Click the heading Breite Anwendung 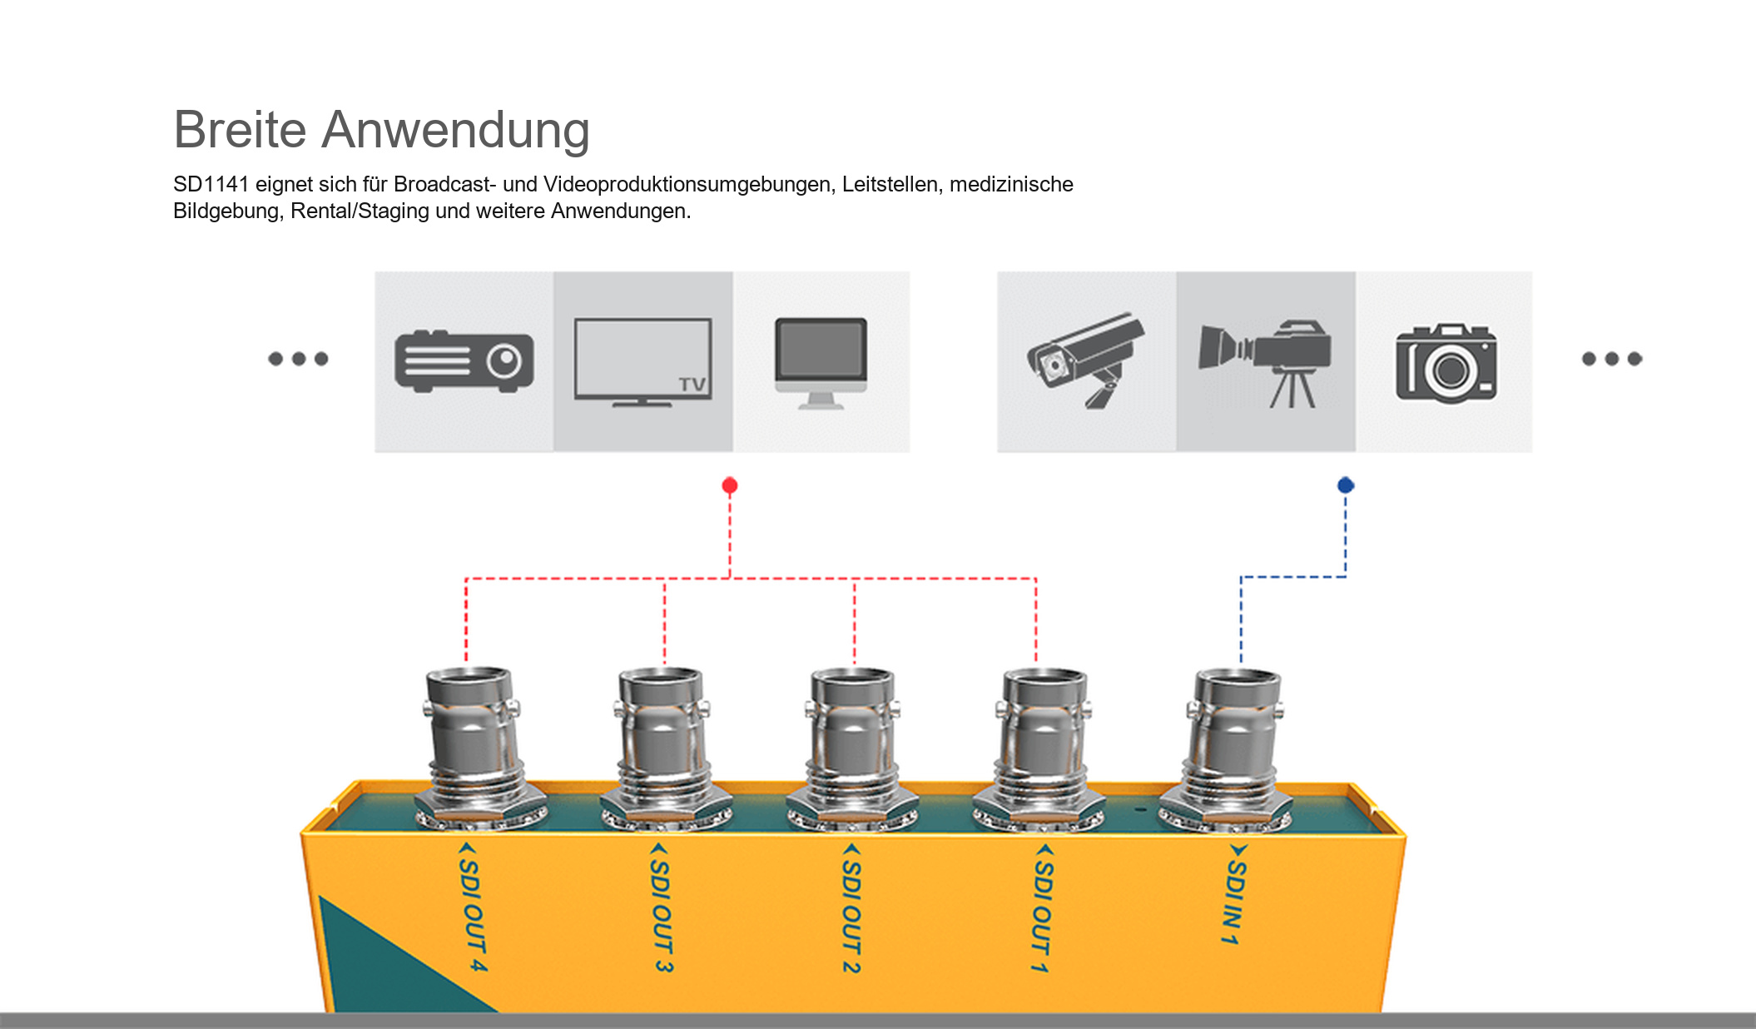click(382, 130)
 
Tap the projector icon click(464, 361)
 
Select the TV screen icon click(642, 362)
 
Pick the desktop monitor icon click(821, 363)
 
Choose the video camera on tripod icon click(1265, 364)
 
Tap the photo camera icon click(1446, 363)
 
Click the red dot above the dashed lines click(730, 485)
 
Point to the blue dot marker click(1346, 485)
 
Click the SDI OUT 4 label click(472, 907)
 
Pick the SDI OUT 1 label click(1042, 907)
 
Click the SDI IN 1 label click(1235, 895)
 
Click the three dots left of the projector click(298, 359)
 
